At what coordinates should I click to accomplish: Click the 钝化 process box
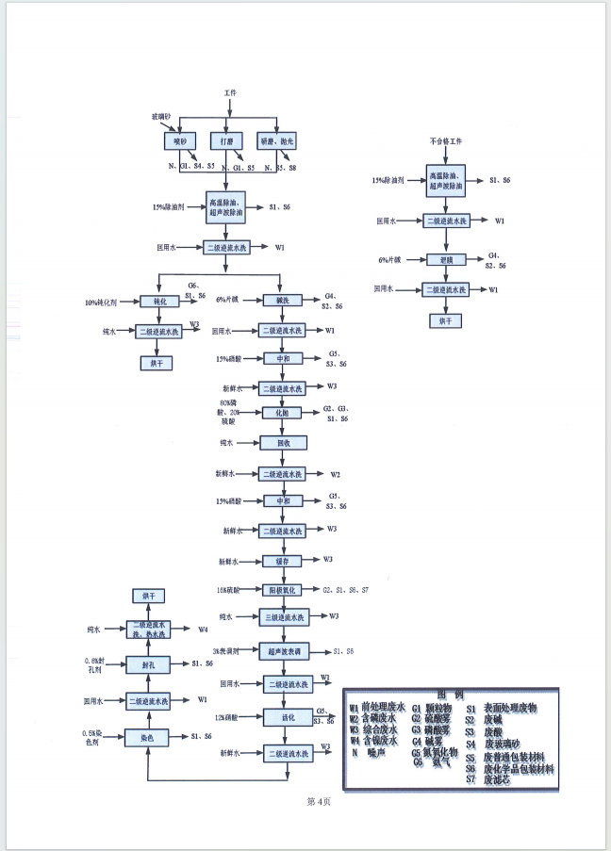click(x=158, y=302)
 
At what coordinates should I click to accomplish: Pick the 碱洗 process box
click(x=281, y=301)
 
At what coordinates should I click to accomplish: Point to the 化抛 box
click(x=281, y=413)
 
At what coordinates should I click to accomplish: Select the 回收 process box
click(x=281, y=442)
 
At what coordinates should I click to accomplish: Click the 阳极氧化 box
click(x=281, y=590)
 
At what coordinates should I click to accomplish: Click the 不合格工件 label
click(x=446, y=140)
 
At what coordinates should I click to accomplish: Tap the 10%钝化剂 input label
click(x=100, y=303)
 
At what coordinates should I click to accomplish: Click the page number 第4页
click(x=320, y=801)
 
